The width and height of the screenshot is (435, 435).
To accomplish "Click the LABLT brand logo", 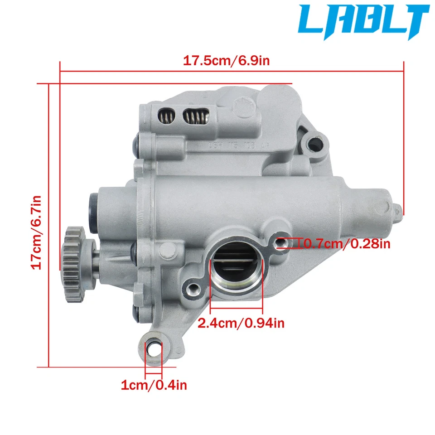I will pos(365,23).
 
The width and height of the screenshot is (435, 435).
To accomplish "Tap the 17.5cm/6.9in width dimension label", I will pos(226,61).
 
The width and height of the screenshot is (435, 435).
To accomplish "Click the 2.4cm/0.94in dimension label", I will pos(241,323).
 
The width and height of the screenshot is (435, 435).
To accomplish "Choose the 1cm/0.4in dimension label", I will pos(154,386).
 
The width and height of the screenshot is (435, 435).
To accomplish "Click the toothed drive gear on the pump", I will pos(73,265).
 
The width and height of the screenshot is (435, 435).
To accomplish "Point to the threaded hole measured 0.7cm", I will pos(281,243).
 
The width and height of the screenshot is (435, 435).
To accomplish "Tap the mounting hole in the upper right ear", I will pos(314,145).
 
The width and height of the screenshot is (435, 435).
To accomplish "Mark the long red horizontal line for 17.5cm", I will pos(231,71).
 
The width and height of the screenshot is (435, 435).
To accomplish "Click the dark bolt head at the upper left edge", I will pos(135,144).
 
